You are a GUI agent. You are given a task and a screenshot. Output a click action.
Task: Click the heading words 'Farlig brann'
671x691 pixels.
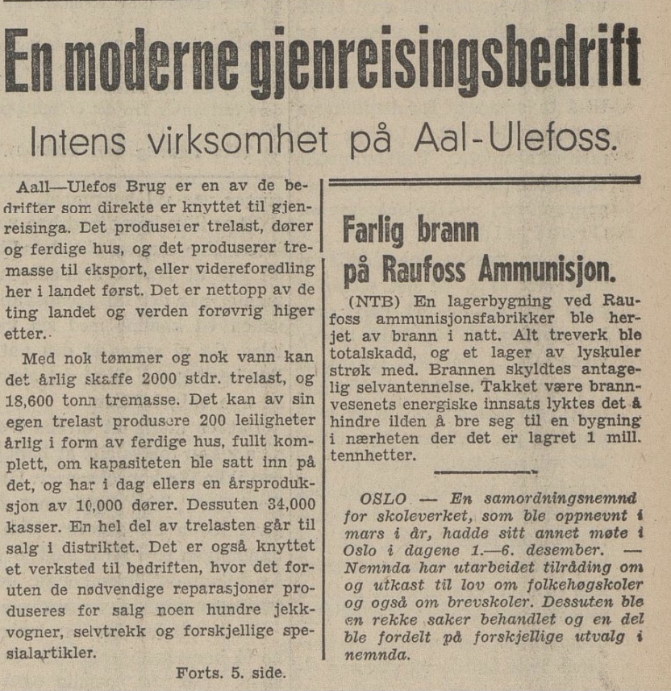[x=411, y=231]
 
